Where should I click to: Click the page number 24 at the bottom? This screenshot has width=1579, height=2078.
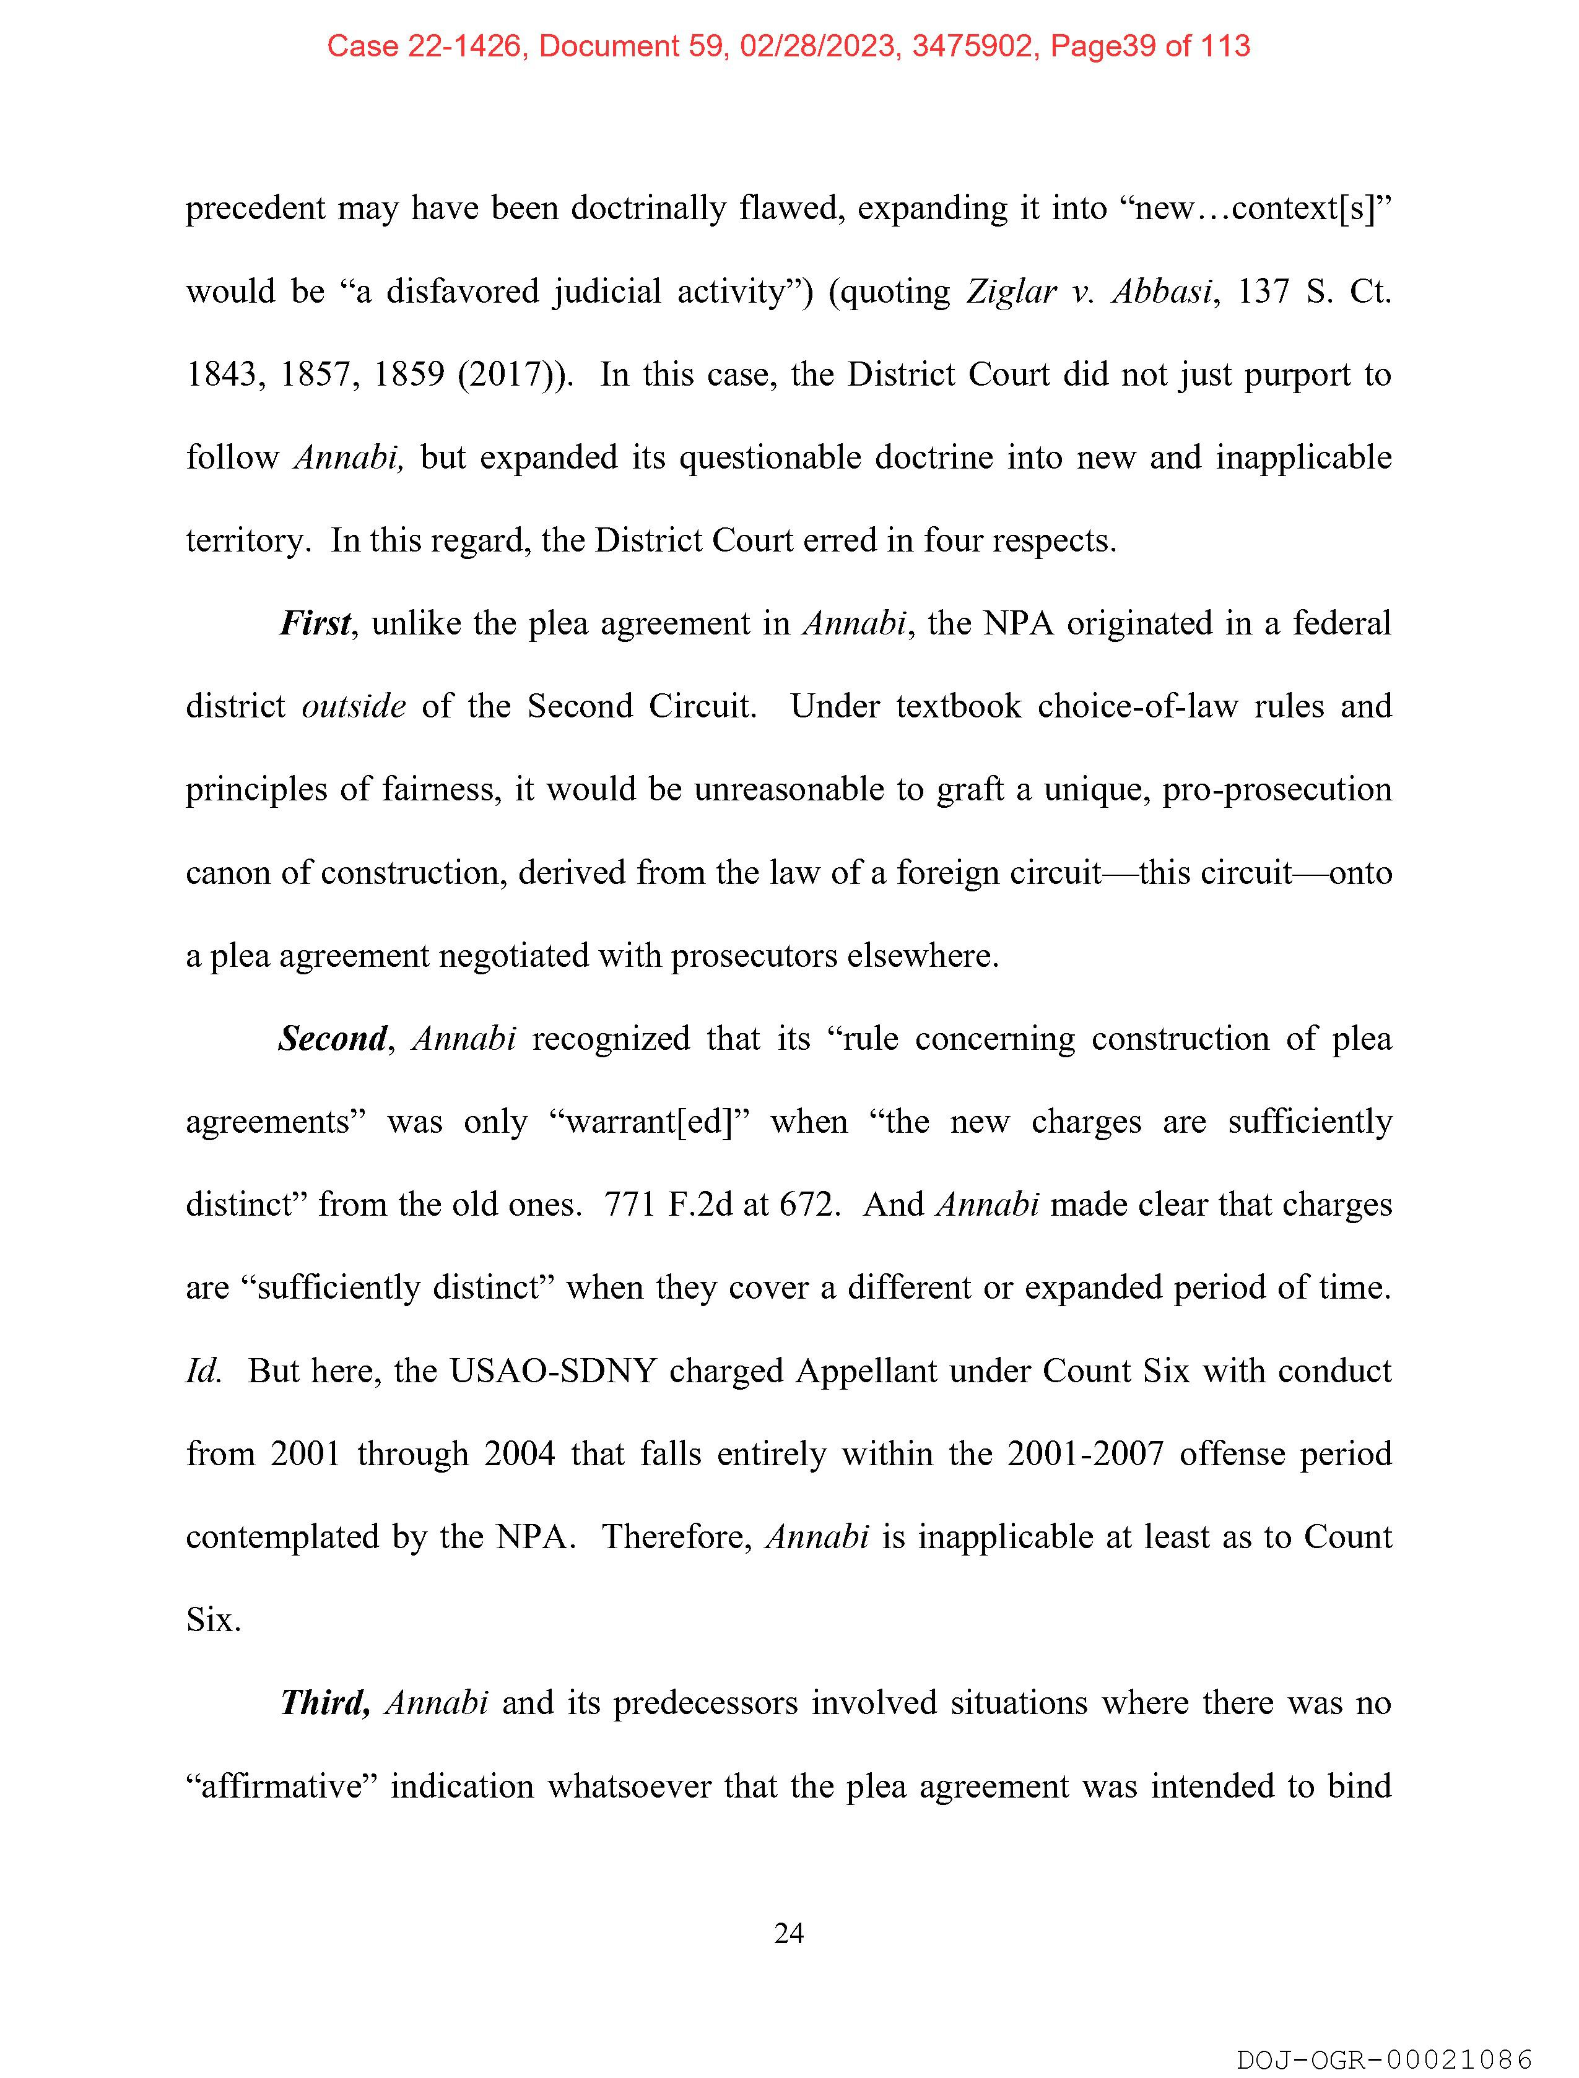click(x=788, y=1933)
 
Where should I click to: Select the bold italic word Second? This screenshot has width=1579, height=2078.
click(x=333, y=1039)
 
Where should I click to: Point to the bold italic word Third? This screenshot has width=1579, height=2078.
click(x=324, y=1703)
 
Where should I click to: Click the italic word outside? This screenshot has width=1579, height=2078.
click(x=354, y=706)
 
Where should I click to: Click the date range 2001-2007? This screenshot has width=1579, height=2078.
click(x=1085, y=1453)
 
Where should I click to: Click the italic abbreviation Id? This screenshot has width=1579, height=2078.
click(x=203, y=1370)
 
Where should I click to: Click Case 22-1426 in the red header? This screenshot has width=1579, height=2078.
click(x=424, y=46)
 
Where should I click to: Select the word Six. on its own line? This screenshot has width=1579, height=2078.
click(x=214, y=1619)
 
